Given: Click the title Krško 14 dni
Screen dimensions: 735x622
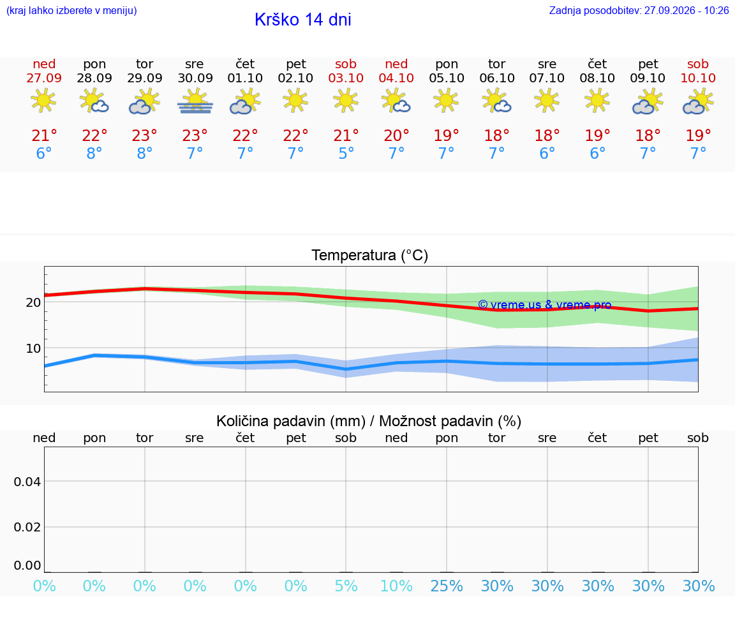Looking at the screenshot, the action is point(303,20).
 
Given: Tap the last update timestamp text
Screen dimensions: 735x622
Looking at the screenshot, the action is point(639,10).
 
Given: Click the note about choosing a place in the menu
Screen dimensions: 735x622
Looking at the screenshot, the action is point(71,11).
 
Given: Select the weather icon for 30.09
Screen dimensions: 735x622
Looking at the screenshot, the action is point(195,101).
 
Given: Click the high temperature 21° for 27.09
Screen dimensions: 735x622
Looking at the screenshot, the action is point(44,135).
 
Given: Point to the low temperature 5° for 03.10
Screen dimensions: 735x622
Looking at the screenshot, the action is point(346,153).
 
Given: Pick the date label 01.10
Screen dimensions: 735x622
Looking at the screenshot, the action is point(245,78).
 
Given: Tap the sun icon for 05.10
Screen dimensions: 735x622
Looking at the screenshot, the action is point(446,100).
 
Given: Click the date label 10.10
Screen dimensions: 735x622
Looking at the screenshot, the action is point(698,78).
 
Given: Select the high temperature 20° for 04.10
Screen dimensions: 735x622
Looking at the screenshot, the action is point(396,135).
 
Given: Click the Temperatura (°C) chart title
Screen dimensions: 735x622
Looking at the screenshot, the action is point(370,255).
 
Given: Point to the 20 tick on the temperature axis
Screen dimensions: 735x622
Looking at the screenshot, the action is point(33,302).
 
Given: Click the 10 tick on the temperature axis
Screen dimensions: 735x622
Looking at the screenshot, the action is point(33,348).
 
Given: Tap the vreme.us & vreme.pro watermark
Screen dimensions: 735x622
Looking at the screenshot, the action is point(545,305).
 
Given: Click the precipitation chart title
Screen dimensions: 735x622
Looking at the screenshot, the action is point(369,421).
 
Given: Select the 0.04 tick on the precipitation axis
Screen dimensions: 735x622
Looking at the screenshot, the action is point(27,482).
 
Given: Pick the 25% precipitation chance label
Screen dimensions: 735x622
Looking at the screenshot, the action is point(447,586).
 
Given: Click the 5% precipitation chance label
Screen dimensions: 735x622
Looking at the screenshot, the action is point(346,586).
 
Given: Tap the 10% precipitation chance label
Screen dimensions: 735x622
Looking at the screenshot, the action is point(397,586).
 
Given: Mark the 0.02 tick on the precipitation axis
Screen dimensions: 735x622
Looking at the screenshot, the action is point(27,527).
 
